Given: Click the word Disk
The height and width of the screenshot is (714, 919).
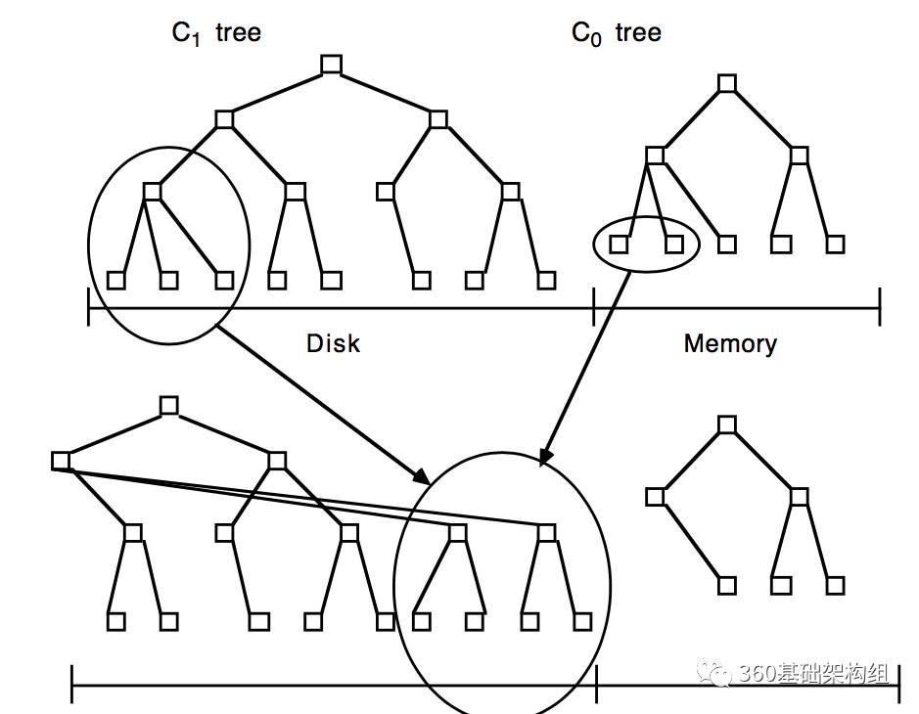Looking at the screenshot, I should tap(333, 343).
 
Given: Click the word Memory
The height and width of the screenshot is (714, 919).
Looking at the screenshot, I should tap(730, 343).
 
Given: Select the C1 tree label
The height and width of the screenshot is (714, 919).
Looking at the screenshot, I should tap(216, 33).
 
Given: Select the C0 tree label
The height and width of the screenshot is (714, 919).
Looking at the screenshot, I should tap(616, 33).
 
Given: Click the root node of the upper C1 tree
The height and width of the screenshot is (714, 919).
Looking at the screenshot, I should tap(331, 66).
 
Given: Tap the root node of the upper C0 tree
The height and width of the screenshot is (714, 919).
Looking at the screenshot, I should tap(726, 84).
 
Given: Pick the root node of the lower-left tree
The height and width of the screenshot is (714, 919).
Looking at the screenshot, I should tap(169, 405).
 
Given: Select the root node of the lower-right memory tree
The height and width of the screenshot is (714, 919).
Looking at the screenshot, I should tap(726, 424).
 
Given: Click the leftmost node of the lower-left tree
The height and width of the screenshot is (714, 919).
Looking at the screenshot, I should tap(61, 461).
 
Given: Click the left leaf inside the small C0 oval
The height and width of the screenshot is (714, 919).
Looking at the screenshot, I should tap(619, 244).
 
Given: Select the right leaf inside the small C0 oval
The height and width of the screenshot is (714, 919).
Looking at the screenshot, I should tap(673, 244).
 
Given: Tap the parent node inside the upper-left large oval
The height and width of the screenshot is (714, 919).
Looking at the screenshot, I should tap(152, 192).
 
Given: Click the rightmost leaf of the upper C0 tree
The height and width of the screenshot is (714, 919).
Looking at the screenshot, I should tap(835, 244).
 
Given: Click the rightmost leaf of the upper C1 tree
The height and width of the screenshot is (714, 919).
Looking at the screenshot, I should tap(546, 281).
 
